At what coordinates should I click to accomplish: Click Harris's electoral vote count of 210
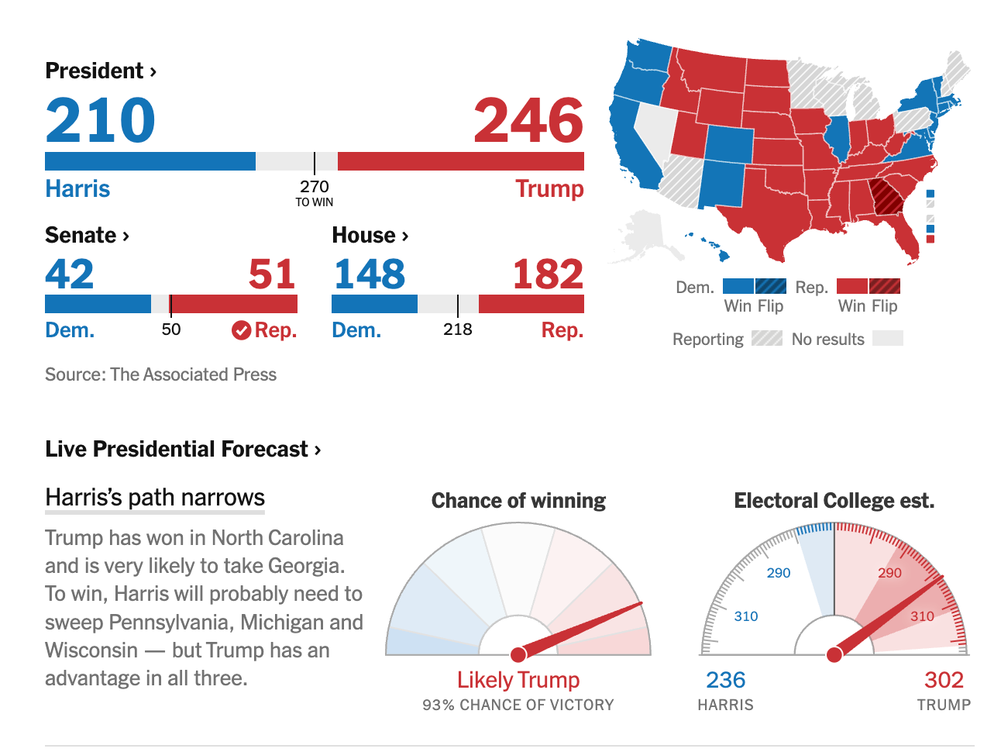click(x=100, y=119)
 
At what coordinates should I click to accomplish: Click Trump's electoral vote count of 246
click(x=528, y=119)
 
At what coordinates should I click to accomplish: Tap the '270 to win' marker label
click(x=315, y=192)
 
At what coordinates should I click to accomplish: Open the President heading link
click(x=101, y=71)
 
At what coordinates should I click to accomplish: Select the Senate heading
click(x=87, y=235)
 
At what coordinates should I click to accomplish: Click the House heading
click(x=370, y=235)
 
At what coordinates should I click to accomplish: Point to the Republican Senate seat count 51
click(x=272, y=274)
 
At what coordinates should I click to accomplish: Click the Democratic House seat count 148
click(x=370, y=274)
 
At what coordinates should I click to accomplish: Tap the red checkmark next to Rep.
click(x=241, y=330)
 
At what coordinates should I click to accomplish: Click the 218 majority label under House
click(x=457, y=329)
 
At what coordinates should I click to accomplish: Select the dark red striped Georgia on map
click(x=886, y=197)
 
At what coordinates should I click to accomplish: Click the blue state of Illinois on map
click(x=838, y=138)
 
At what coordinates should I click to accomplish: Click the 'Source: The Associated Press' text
click(x=160, y=374)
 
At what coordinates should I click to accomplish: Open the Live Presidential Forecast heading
click(x=183, y=449)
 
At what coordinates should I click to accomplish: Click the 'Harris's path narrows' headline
click(x=155, y=497)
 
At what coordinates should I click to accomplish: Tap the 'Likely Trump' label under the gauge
click(x=518, y=680)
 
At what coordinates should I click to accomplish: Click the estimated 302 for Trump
click(x=944, y=680)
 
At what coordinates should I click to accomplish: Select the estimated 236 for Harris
click(x=725, y=680)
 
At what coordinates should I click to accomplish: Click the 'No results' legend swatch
click(x=887, y=338)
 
